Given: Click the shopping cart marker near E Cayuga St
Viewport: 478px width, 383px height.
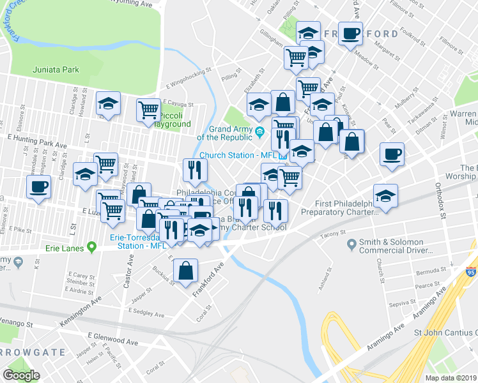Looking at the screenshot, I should point(148,109).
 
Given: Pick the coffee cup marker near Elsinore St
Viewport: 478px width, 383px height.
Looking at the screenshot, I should point(38,187).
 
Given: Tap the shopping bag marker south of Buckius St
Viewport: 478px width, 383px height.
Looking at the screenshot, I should point(185,270).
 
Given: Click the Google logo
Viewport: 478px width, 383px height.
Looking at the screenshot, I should point(20,375).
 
